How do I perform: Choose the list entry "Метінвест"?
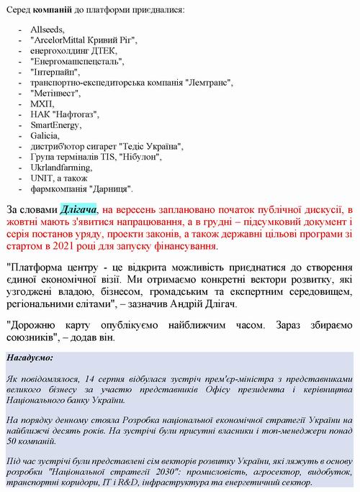56,94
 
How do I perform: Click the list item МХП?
42,104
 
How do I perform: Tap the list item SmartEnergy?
56,125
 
